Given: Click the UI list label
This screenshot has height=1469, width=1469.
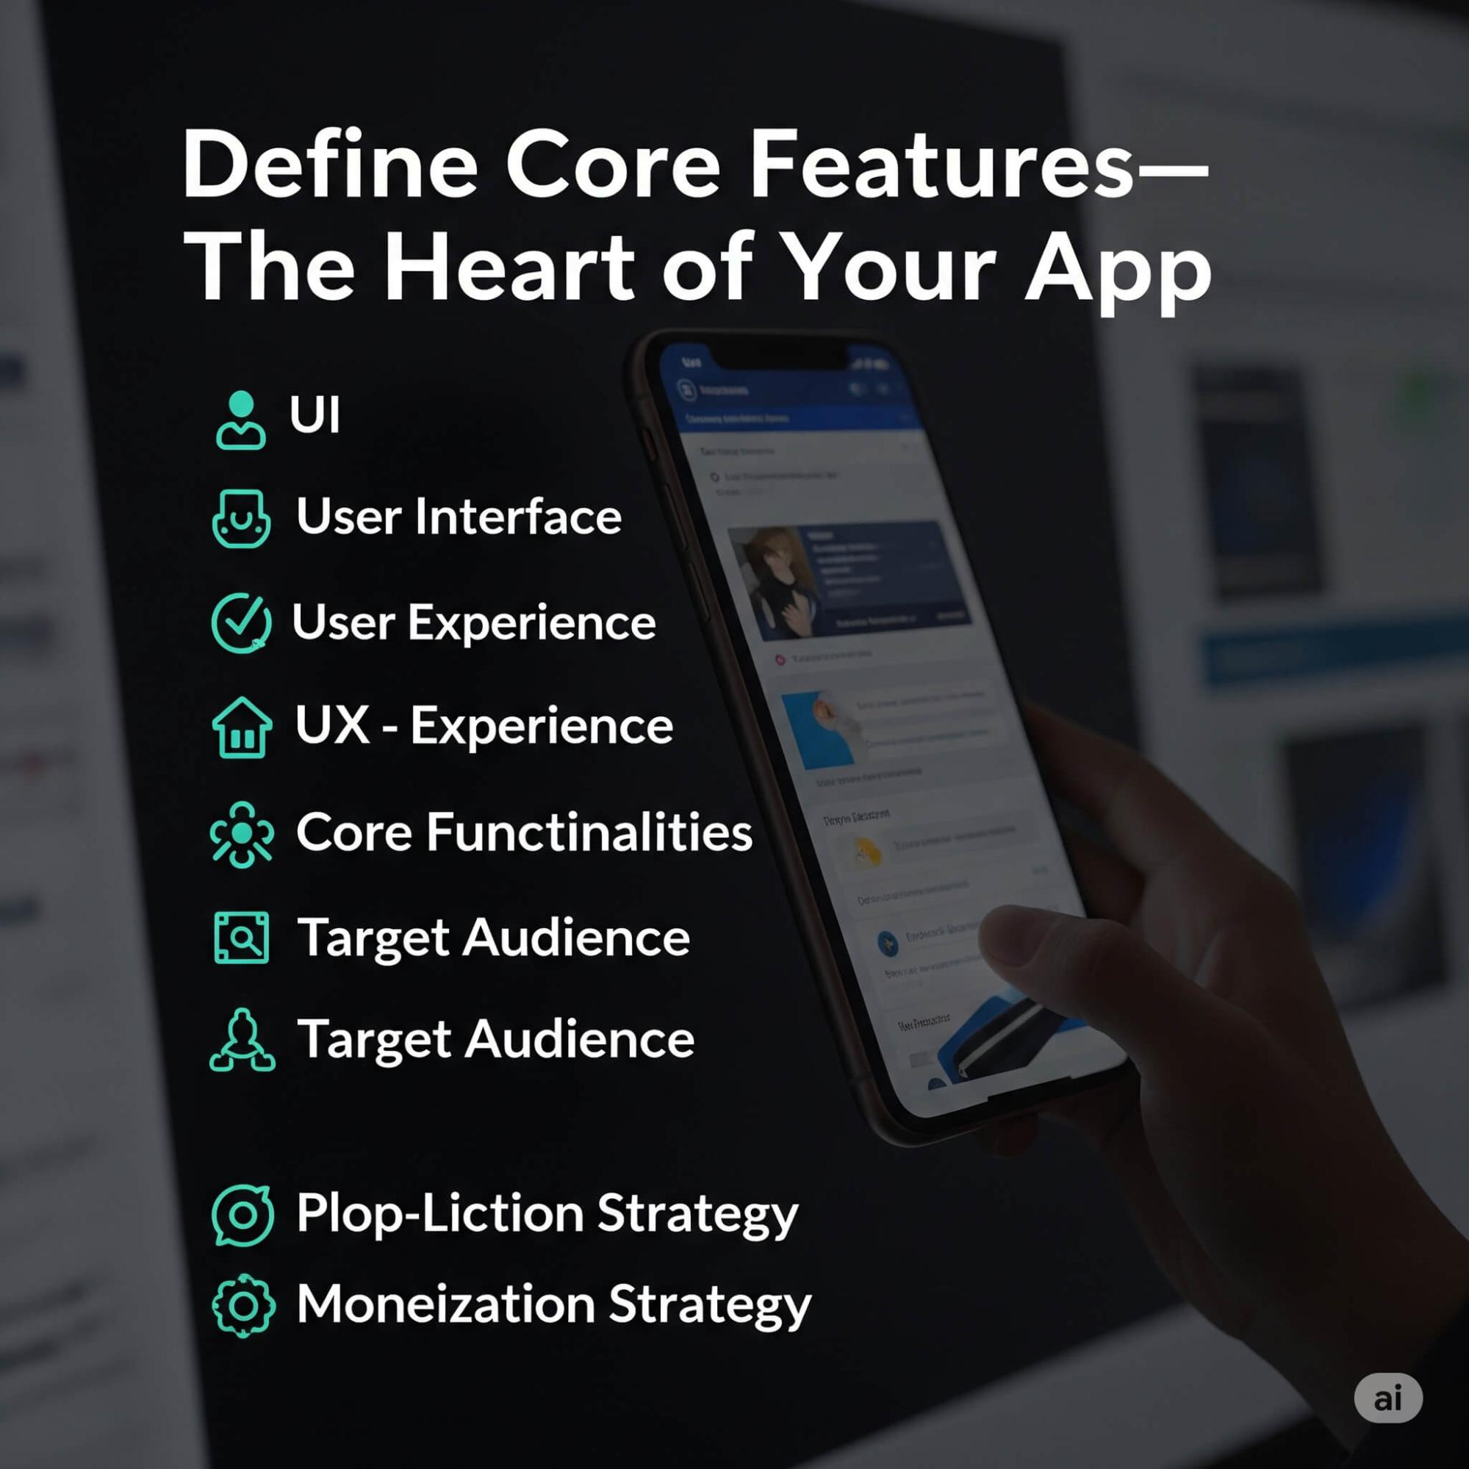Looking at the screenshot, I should point(314,414).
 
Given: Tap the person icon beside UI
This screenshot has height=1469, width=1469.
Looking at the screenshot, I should point(241,420).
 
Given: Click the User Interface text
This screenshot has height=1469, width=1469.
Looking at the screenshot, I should point(459,517).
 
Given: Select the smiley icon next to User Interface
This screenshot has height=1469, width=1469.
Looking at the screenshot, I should point(241,519).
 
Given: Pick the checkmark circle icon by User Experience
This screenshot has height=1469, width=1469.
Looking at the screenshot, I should point(241,622).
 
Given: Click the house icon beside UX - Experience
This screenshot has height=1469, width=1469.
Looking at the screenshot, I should point(242,728).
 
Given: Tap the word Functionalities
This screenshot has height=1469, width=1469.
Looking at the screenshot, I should point(589,832).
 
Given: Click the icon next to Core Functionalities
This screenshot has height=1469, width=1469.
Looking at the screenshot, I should point(241,834).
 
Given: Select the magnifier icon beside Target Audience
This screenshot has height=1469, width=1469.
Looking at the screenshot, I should point(241,938).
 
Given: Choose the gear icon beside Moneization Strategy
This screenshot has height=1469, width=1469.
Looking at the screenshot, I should point(243,1306).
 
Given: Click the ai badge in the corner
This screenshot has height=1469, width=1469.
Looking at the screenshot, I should point(1387,1398).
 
